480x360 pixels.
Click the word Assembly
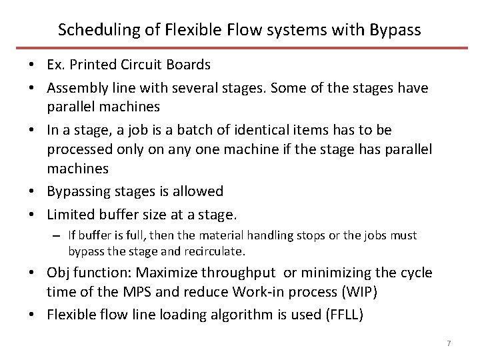click(x=75, y=88)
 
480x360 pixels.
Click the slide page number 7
click(x=449, y=343)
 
